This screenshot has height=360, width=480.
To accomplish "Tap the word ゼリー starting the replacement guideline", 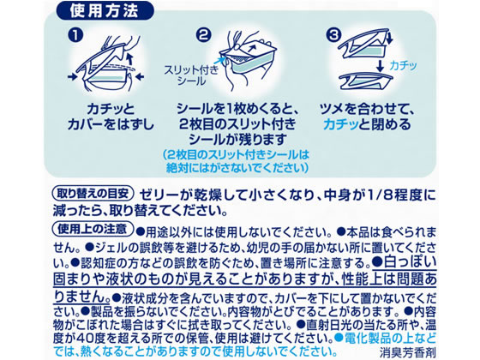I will tap(164, 192).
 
